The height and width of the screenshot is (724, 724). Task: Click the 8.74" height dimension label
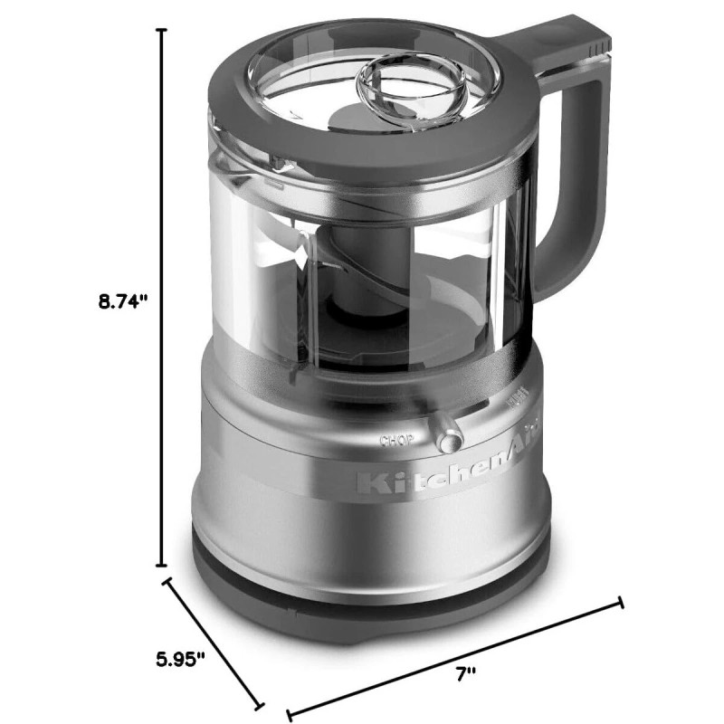tap(123, 303)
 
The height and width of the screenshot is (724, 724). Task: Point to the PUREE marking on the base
tap(519, 399)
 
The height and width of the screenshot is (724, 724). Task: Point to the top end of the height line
tap(163, 30)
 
